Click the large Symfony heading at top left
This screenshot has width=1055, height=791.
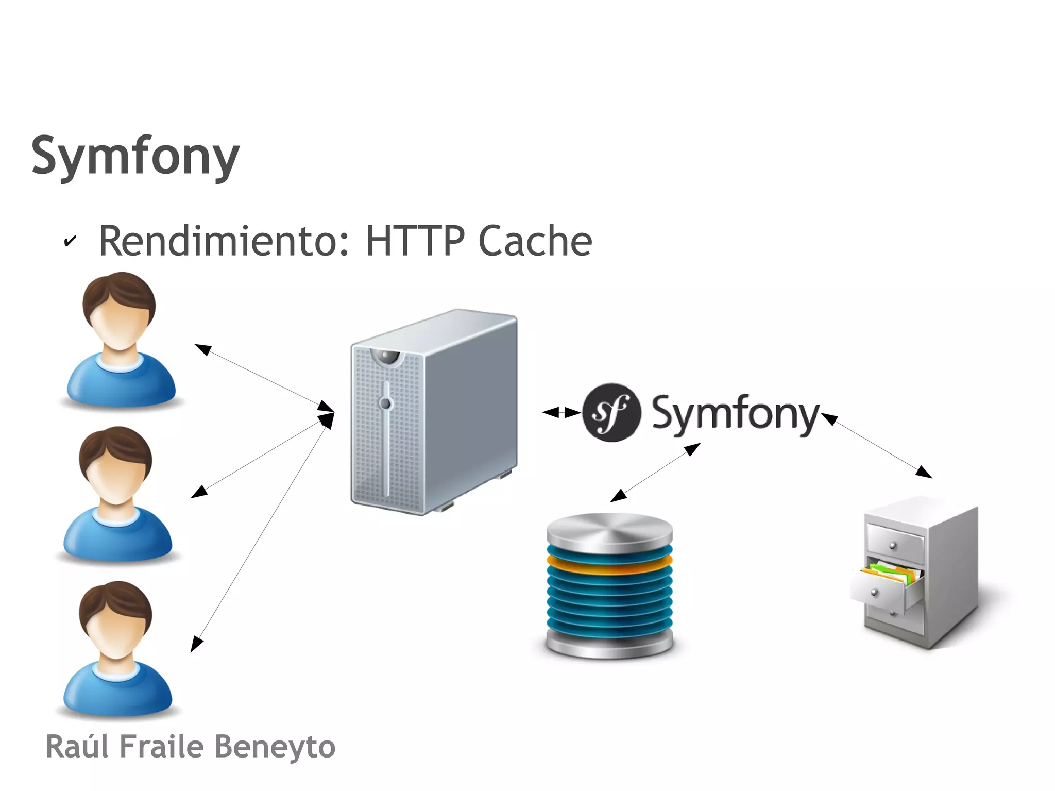tap(135, 156)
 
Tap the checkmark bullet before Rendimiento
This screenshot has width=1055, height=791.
tap(70, 241)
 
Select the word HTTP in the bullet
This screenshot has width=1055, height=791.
tap(415, 241)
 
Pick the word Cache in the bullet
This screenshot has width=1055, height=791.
tap(535, 241)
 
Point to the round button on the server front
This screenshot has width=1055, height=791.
tap(385, 403)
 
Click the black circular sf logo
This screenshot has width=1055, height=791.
tap(611, 412)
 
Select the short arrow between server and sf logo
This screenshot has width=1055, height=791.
tap(561, 412)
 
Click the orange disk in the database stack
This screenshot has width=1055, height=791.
tap(609, 565)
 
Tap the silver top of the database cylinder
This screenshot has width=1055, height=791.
tap(609, 531)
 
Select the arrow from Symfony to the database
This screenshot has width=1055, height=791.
tap(655, 472)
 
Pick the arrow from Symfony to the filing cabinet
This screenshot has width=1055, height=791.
tap(877, 446)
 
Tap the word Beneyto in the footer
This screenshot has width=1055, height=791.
tap(274, 747)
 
